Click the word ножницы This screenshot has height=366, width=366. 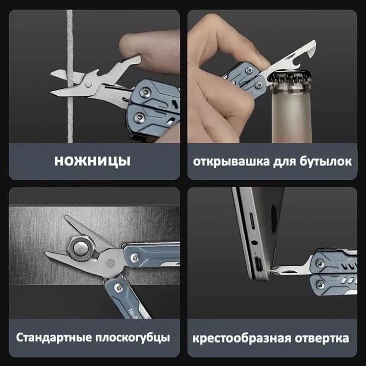point(92,161)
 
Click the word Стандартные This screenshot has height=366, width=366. point(54,338)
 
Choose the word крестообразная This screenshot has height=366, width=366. point(242,339)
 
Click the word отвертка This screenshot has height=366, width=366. point(322,339)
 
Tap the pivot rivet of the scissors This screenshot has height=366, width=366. point(88,84)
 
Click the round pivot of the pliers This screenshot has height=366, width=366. point(110,264)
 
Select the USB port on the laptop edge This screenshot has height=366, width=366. point(258,264)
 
